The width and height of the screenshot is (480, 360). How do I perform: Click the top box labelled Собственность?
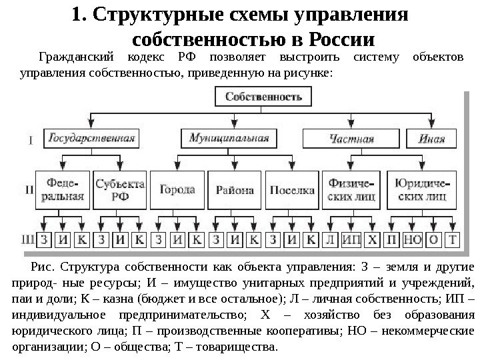click(x=263, y=97)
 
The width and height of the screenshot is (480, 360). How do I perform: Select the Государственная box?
click(x=91, y=139)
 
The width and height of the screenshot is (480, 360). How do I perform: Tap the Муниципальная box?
click(x=229, y=139)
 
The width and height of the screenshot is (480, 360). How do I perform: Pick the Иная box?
click(x=431, y=139)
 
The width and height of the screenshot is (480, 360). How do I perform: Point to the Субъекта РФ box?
click(x=120, y=189)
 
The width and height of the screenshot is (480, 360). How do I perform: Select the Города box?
click(x=177, y=189)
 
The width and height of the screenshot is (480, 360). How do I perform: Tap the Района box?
click(x=235, y=189)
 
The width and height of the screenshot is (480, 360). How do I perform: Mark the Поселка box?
click(x=292, y=189)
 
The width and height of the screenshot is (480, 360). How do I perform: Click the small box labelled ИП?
click(x=352, y=239)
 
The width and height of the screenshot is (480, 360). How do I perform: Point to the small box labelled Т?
click(x=454, y=239)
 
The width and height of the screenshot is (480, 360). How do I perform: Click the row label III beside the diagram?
click(x=29, y=238)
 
